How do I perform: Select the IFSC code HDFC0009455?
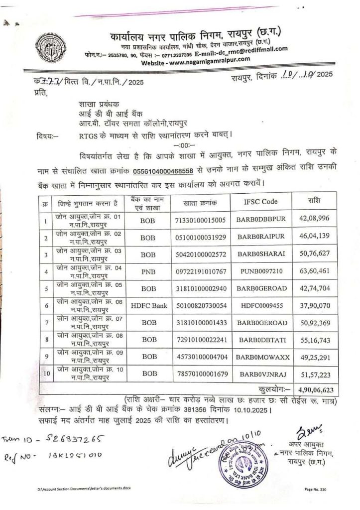[x=262, y=305]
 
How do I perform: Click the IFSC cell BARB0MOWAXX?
[x=264, y=357]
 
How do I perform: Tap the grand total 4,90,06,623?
[x=314, y=387]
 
